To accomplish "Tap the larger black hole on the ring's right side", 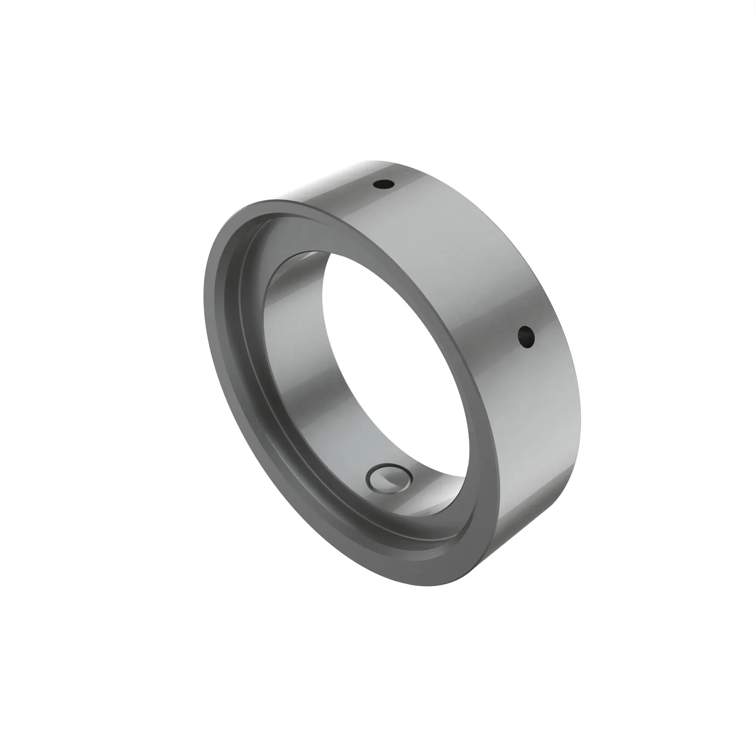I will coord(526,337).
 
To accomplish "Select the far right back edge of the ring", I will coord(580,410).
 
